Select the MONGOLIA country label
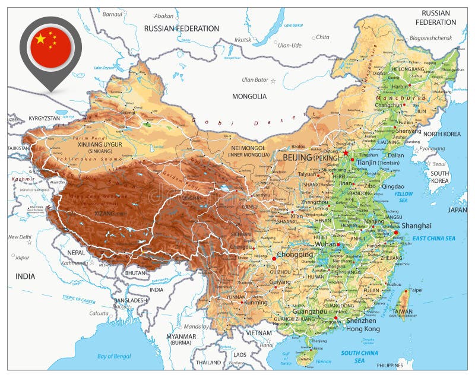tap(249, 96)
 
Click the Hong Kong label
tap(363, 329)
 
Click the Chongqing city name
tap(295, 255)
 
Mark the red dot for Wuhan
tap(338, 245)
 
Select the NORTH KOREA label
tap(442, 134)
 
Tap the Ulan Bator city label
tap(255, 80)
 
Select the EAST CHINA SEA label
tap(433, 239)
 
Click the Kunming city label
tap(256, 303)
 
